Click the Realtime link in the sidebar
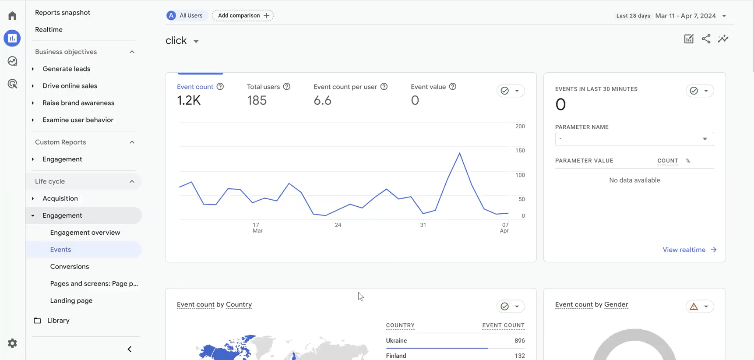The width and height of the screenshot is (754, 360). [49, 29]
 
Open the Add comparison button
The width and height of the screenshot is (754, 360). [243, 15]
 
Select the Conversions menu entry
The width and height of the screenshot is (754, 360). [70, 266]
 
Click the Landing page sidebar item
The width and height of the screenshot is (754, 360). [71, 300]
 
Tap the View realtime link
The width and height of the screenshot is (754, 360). [690, 250]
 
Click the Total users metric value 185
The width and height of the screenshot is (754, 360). [257, 100]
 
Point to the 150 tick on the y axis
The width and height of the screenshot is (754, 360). [520, 150]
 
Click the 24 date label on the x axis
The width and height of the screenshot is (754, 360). [338, 225]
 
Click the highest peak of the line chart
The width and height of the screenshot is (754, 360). [459, 153]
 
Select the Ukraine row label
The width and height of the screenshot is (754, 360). [396, 340]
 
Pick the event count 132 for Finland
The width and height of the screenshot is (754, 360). [520, 356]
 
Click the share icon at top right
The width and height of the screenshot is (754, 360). [706, 39]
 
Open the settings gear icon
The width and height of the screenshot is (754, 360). [12, 343]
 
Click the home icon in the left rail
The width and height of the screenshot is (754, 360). [12, 16]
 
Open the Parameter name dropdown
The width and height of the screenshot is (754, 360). [634, 139]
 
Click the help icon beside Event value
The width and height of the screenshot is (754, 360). [453, 87]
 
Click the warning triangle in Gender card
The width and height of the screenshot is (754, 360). [694, 307]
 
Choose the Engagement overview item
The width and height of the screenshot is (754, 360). [85, 232]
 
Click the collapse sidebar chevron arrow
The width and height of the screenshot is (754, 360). [130, 349]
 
